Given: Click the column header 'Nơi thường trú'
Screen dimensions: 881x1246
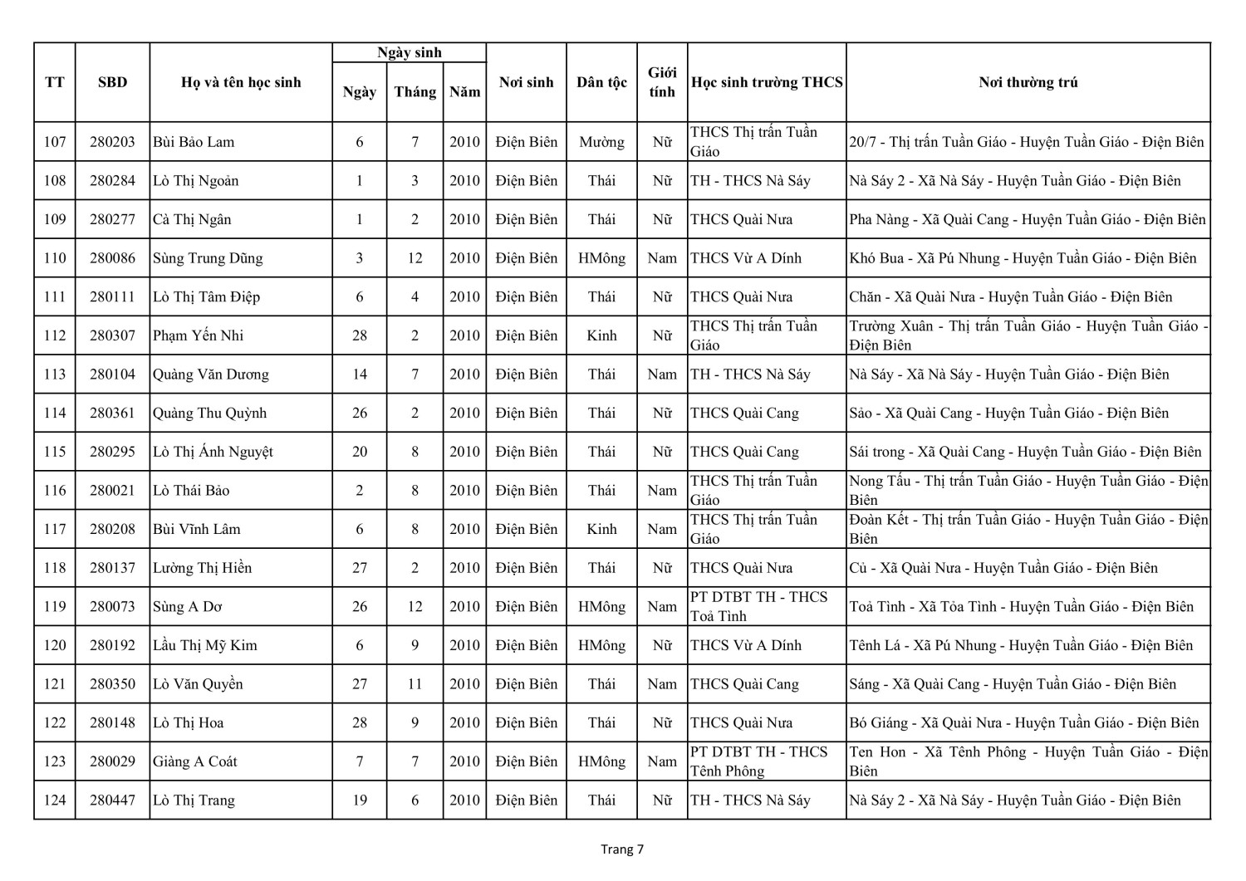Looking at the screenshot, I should coord(1028,82).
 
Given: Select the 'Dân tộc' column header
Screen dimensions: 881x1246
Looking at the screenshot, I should coord(601,82).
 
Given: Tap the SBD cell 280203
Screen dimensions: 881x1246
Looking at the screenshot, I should coord(112,142).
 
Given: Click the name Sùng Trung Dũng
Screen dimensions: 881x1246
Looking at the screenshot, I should coord(208,258).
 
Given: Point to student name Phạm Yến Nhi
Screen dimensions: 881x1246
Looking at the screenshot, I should coord(198,335).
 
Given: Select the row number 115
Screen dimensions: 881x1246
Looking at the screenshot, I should coord(55,452).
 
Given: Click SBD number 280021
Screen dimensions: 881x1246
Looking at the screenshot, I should coord(112,491).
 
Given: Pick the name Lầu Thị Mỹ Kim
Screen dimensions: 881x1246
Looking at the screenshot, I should coord(205,645).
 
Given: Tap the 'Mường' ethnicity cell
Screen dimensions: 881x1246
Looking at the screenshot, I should coord(601,142).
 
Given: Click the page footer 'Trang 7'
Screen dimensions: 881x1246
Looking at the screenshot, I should coord(622,849).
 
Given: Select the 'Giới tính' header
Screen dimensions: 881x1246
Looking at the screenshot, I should coord(662,82).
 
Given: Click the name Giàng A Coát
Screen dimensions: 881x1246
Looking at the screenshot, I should coord(195,761).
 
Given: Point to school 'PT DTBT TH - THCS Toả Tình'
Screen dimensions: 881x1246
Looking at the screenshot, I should coord(759,606).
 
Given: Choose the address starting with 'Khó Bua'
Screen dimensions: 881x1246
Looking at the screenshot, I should coord(1023,258).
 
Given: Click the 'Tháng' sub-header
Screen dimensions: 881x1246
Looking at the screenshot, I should coord(415,92).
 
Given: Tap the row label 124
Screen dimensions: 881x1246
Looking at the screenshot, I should coord(55,800).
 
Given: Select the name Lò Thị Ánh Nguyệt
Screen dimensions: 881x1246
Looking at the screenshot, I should coord(213,452).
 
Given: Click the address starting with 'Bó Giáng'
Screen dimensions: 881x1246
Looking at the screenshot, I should coord(1024,722).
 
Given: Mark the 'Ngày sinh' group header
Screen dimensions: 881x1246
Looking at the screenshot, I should coord(409,52).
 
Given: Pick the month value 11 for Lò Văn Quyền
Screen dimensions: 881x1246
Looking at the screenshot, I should coord(415,684).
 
